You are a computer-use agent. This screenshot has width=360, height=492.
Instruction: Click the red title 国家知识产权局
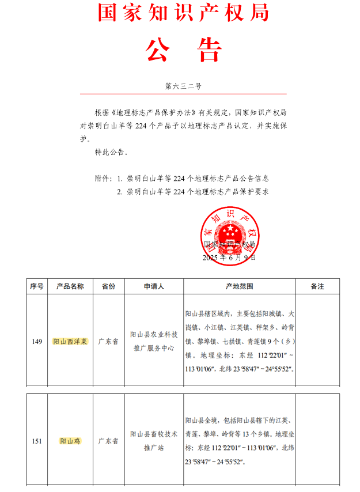[183, 13]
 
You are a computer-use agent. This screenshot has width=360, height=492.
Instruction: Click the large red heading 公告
[183, 51]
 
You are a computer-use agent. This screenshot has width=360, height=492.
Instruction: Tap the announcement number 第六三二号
[183, 86]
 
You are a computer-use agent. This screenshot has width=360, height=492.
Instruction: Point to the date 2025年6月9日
[229, 258]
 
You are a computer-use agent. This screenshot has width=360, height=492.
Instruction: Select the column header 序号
[37, 286]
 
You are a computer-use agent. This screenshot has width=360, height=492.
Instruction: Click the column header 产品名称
[70, 286]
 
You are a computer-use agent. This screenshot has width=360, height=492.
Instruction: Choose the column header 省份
[108, 286]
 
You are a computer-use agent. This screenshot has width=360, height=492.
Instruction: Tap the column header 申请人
[154, 286]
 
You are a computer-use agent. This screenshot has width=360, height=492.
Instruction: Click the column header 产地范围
[240, 286]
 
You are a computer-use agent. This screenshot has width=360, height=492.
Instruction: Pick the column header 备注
[317, 286]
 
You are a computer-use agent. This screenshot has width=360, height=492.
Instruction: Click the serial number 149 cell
[37, 342]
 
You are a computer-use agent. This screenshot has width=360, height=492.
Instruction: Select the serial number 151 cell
[37, 441]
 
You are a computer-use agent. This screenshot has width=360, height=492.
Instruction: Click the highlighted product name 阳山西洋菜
[70, 342]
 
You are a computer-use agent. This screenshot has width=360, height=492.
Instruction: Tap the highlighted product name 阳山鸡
[70, 441]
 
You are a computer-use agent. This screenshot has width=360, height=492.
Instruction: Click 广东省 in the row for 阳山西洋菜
[108, 342]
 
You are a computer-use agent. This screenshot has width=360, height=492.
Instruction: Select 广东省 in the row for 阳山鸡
[108, 441]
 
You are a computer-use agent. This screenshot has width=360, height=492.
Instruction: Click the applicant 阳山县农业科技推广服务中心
[154, 341]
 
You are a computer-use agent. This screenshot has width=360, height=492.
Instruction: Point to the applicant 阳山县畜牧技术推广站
[154, 441]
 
